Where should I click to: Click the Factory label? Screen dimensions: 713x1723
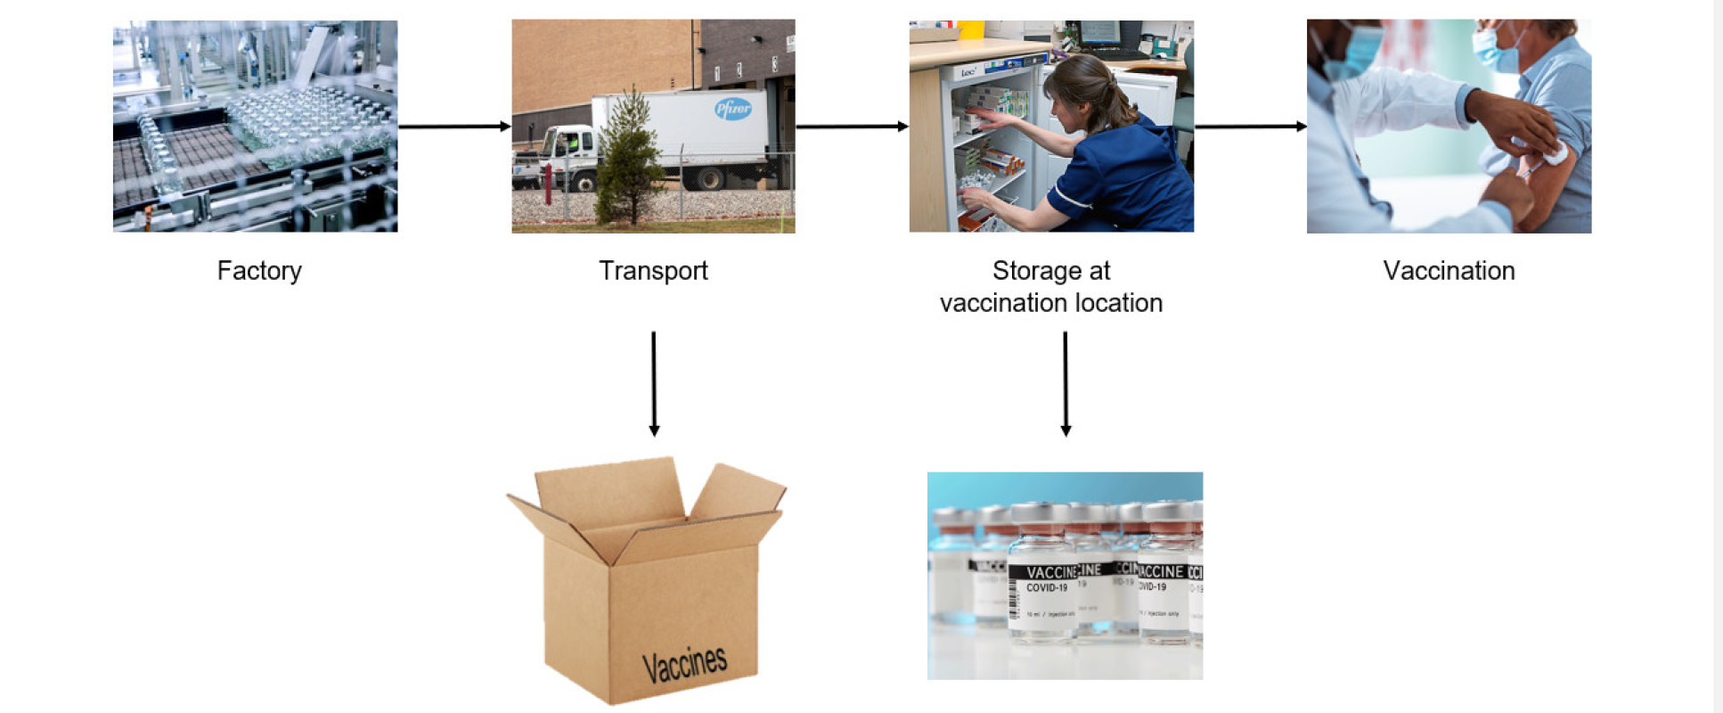(x=259, y=271)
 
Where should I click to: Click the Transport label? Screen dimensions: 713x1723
(x=653, y=271)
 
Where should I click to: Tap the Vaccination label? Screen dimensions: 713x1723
(x=1449, y=271)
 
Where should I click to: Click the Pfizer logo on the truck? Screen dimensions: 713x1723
(x=732, y=110)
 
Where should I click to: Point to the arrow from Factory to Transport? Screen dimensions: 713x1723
(x=454, y=127)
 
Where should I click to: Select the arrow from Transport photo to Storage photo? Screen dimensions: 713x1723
(x=852, y=127)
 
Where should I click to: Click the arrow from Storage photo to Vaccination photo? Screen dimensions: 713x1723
(x=1250, y=127)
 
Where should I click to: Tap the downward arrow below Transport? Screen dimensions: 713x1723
(x=654, y=383)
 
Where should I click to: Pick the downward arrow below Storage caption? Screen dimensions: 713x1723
(x=1066, y=383)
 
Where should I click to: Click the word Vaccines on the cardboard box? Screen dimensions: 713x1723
(x=684, y=664)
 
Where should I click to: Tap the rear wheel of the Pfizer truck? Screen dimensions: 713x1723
(x=710, y=178)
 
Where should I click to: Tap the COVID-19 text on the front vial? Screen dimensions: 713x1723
(x=1047, y=588)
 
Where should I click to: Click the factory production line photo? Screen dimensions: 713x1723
(x=255, y=126)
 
